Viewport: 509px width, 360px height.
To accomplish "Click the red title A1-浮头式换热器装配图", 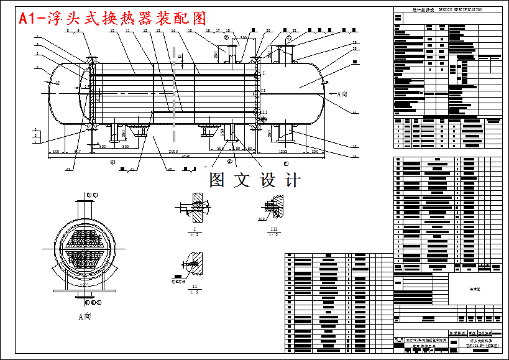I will click(x=112, y=19).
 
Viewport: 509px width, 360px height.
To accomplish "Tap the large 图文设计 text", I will click(x=255, y=180).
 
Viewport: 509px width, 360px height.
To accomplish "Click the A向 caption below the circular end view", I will click(x=85, y=316).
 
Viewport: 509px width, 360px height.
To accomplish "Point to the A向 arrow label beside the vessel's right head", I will click(x=341, y=95).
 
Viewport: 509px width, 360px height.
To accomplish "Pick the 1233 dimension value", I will click(x=282, y=152).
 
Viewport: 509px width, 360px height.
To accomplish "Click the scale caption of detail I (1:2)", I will click(x=196, y=235).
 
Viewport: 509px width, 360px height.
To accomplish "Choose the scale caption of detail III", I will click(x=273, y=235).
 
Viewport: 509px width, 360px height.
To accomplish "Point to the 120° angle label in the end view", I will click(x=85, y=285).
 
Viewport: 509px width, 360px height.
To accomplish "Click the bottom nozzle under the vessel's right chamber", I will click(x=284, y=132).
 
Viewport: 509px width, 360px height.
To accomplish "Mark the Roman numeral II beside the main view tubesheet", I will click(x=263, y=91).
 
